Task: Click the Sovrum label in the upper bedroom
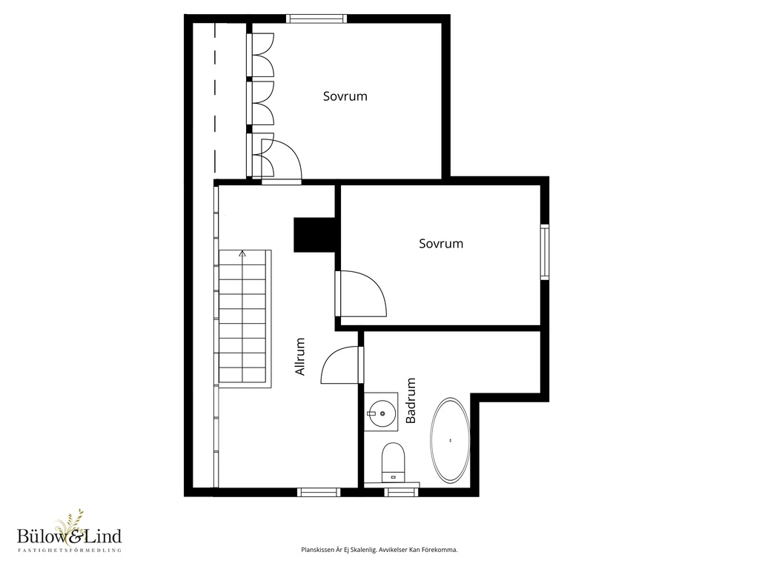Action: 345,96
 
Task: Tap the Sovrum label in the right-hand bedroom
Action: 441,243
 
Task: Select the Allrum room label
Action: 300,356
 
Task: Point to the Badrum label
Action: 411,401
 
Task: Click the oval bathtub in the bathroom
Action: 450,440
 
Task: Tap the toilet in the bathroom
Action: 393,462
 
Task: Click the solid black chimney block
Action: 314,235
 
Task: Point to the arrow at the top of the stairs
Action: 242,253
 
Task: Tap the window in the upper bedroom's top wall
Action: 316,19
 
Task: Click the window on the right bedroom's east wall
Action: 545,252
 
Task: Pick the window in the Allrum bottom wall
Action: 319,492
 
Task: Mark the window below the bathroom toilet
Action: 402,492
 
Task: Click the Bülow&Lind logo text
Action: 69,536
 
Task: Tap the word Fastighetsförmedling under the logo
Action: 69,550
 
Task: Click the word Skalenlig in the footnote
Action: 362,550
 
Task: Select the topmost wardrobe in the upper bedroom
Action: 261,55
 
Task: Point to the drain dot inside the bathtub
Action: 451,440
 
